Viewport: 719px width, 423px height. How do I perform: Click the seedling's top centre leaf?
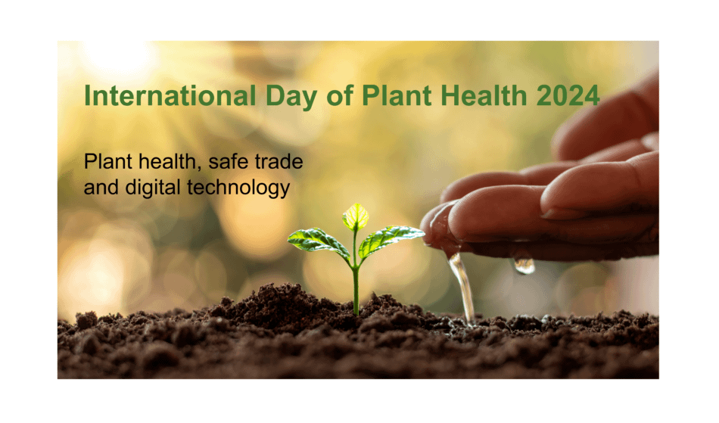(x=355, y=216)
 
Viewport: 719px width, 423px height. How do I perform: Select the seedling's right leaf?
(x=391, y=238)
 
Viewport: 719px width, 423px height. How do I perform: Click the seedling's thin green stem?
(x=355, y=284)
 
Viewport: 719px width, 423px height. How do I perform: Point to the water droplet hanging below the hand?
(x=524, y=266)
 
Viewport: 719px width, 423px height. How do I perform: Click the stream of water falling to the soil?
(x=462, y=288)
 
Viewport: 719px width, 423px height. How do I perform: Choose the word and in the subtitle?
(x=100, y=188)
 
